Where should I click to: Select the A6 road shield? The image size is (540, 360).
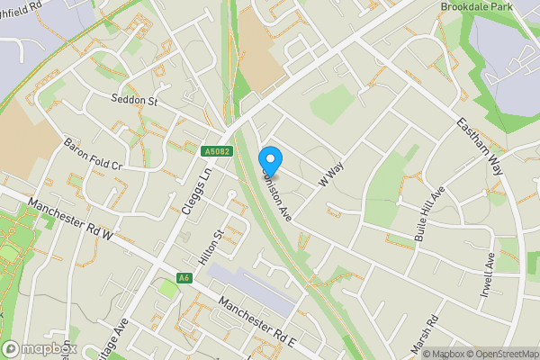coord(184,278)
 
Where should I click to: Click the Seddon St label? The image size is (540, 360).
coord(135,101)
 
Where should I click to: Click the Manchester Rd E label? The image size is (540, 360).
coord(256,320)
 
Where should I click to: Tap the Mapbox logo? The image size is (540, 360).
coord(40,349)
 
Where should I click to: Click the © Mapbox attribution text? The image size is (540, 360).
coord(444,354)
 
